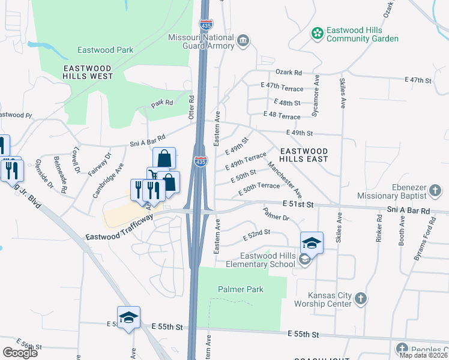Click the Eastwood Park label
[x=105, y=50]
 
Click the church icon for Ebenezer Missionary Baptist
[x=436, y=191]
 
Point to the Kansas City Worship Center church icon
[x=360, y=299]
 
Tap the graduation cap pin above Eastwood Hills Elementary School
[x=312, y=242]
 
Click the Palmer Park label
[x=240, y=289]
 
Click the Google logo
[x=20, y=353]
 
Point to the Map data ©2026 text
[x=423, y=355]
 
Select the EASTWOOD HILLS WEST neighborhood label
[x=88, y=72]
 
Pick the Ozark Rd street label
[x=289, y=72]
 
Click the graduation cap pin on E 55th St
[x=128, y=317]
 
